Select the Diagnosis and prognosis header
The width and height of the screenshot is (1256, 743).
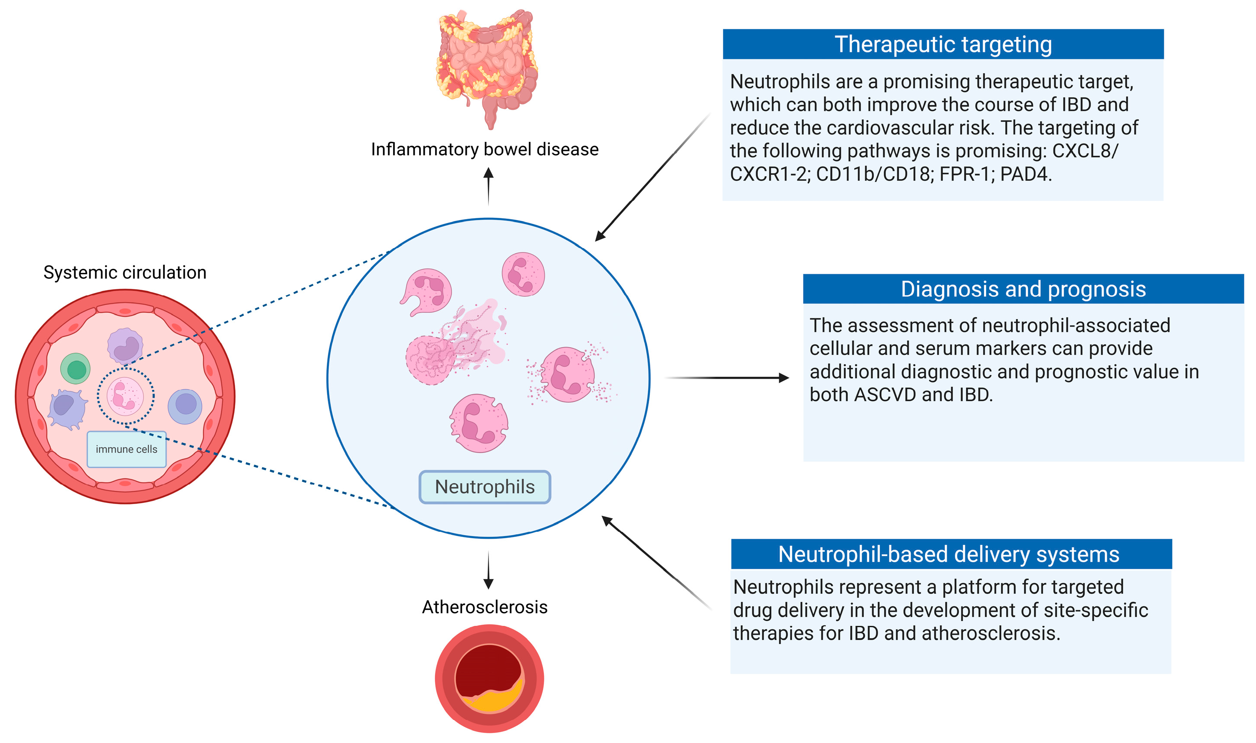1023,289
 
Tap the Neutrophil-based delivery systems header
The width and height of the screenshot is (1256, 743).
951,554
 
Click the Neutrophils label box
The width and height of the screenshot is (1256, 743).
484,487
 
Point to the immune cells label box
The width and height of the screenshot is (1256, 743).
126,449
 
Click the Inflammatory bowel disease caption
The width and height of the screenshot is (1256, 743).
484,149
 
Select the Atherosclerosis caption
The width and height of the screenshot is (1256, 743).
484,607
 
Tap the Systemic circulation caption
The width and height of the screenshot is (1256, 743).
125,272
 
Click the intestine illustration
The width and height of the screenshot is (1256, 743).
487,65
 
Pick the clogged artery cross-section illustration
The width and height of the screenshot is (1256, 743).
489,678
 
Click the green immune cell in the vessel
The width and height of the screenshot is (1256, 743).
75,370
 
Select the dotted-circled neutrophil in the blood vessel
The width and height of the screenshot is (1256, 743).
125,396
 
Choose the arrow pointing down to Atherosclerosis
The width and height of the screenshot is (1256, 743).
488,571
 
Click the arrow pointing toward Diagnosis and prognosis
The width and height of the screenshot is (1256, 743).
726,378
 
